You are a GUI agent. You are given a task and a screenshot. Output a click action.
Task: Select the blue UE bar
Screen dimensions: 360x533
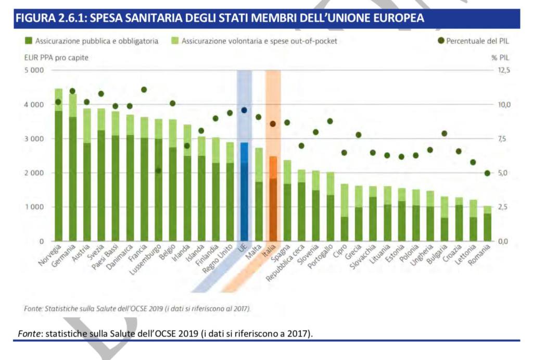point(244,193)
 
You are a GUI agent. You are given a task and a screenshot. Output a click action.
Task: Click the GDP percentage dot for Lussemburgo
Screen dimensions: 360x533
point(158,170)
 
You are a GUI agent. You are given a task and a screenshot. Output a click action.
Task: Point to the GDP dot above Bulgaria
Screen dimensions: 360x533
point(444,133)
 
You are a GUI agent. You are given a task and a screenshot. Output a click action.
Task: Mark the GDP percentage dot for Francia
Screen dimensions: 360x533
point(144,90)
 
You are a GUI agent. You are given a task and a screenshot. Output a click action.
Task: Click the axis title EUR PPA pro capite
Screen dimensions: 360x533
point(49,57)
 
